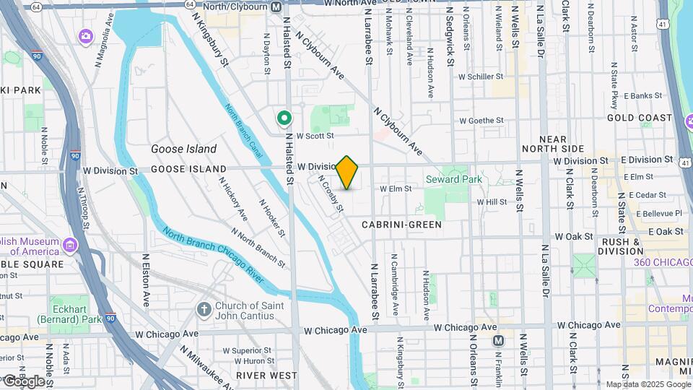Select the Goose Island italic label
tap(183, 149)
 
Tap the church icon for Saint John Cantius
tap(204, 309)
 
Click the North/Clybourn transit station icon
tap(276, 6)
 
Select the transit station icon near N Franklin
tap(498, 340)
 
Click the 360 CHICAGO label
tap(663, 262)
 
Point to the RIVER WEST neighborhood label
tap(266, 375)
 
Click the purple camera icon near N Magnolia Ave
tap(86, 35)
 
